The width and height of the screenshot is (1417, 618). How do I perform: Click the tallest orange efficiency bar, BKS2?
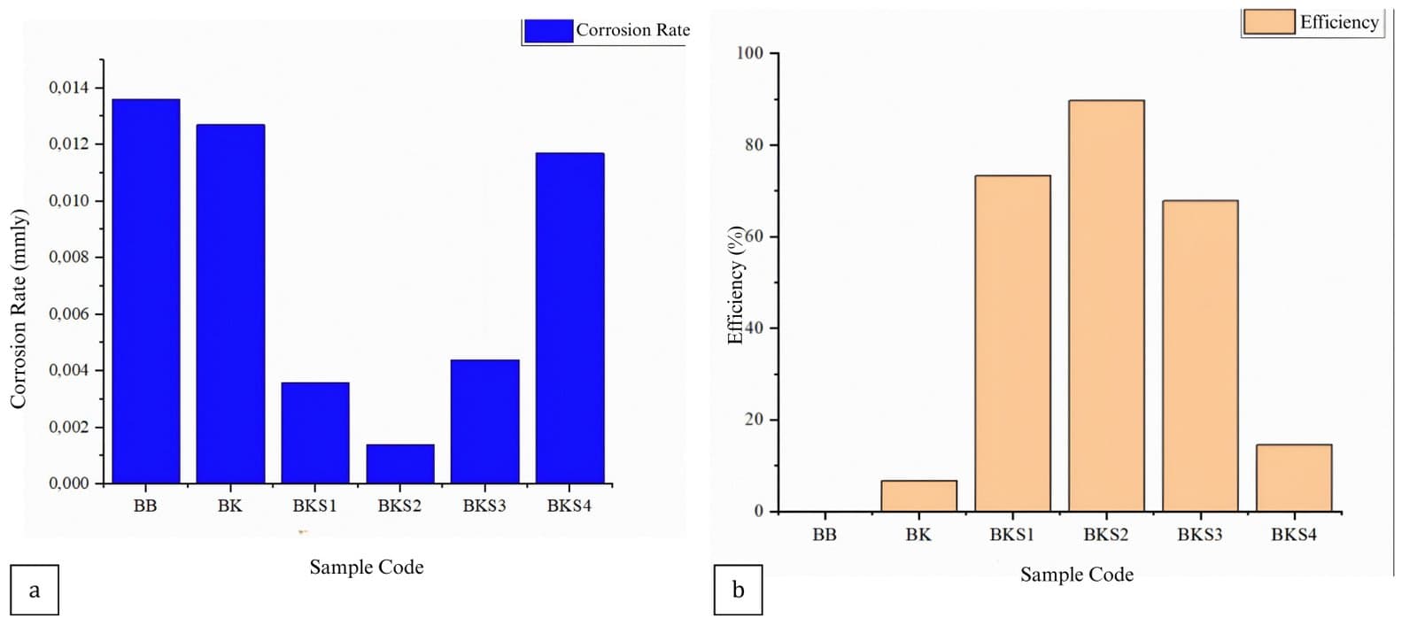[1106, 305]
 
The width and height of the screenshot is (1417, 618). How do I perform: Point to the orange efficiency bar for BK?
[918, 496]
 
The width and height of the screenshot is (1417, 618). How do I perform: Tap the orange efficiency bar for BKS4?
[1294, 477]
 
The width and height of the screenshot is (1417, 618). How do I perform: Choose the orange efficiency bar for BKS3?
[1200, 355]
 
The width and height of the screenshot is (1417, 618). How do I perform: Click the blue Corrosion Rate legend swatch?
[548, 31]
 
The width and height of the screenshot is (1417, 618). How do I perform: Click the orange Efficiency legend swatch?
[1269, 22]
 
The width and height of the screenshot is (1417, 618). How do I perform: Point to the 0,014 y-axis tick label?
[68, 88]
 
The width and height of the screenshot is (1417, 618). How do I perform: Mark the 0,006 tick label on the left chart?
[68, 313]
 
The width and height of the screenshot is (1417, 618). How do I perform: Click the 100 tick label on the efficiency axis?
[749, 53]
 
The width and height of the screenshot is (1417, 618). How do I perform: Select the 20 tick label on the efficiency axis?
[753, 420]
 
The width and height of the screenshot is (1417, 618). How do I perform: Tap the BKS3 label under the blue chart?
[484, 506]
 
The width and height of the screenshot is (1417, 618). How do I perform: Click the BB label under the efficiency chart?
[825, 535]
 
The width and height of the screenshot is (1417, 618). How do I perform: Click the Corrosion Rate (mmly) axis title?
[19, 309]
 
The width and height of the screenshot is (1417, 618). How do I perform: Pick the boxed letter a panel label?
[35, 590]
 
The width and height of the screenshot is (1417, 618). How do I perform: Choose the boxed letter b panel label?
[738, 590]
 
